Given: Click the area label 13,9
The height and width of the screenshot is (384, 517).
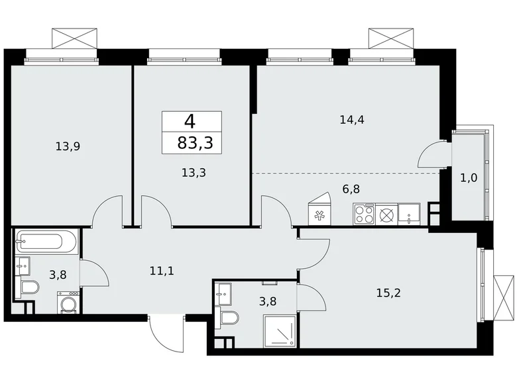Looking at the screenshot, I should coord(68,147).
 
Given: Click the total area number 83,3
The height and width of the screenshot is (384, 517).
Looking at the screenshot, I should coord(192,142).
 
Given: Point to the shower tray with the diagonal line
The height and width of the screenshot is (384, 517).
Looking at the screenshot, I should coord(280,331).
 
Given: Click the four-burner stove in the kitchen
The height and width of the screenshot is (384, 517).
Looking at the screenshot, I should coord(364,214).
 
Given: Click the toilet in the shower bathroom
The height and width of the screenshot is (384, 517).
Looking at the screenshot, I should coord(229,318).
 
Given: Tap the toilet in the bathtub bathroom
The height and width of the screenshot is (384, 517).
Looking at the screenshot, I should coord(29,287).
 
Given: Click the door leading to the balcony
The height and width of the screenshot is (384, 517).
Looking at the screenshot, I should coord(433,156).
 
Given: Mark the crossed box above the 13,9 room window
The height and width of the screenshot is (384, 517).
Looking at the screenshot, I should coord(75,38).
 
